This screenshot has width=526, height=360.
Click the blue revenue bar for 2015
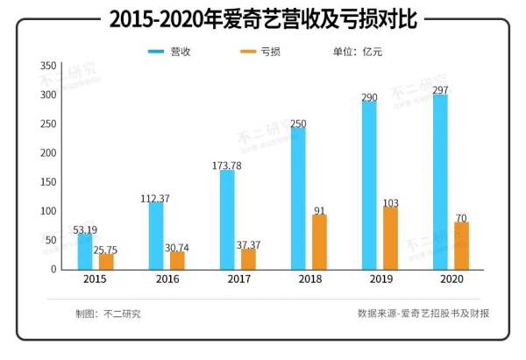click(85, 251)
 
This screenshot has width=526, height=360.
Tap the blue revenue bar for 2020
click(440, 182)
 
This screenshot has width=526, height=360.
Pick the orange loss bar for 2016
click(178, 260)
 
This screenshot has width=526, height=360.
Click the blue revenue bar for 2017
click(227, 219)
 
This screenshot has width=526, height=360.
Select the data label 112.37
click(155, 198)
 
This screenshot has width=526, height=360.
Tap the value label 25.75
click(105, 250)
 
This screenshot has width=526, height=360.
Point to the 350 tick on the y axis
click(48, 66)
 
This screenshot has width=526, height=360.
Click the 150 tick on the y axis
click(48, 182)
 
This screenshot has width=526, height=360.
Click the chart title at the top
click(262, 18)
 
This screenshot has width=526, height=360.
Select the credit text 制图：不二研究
click(109, 313)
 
